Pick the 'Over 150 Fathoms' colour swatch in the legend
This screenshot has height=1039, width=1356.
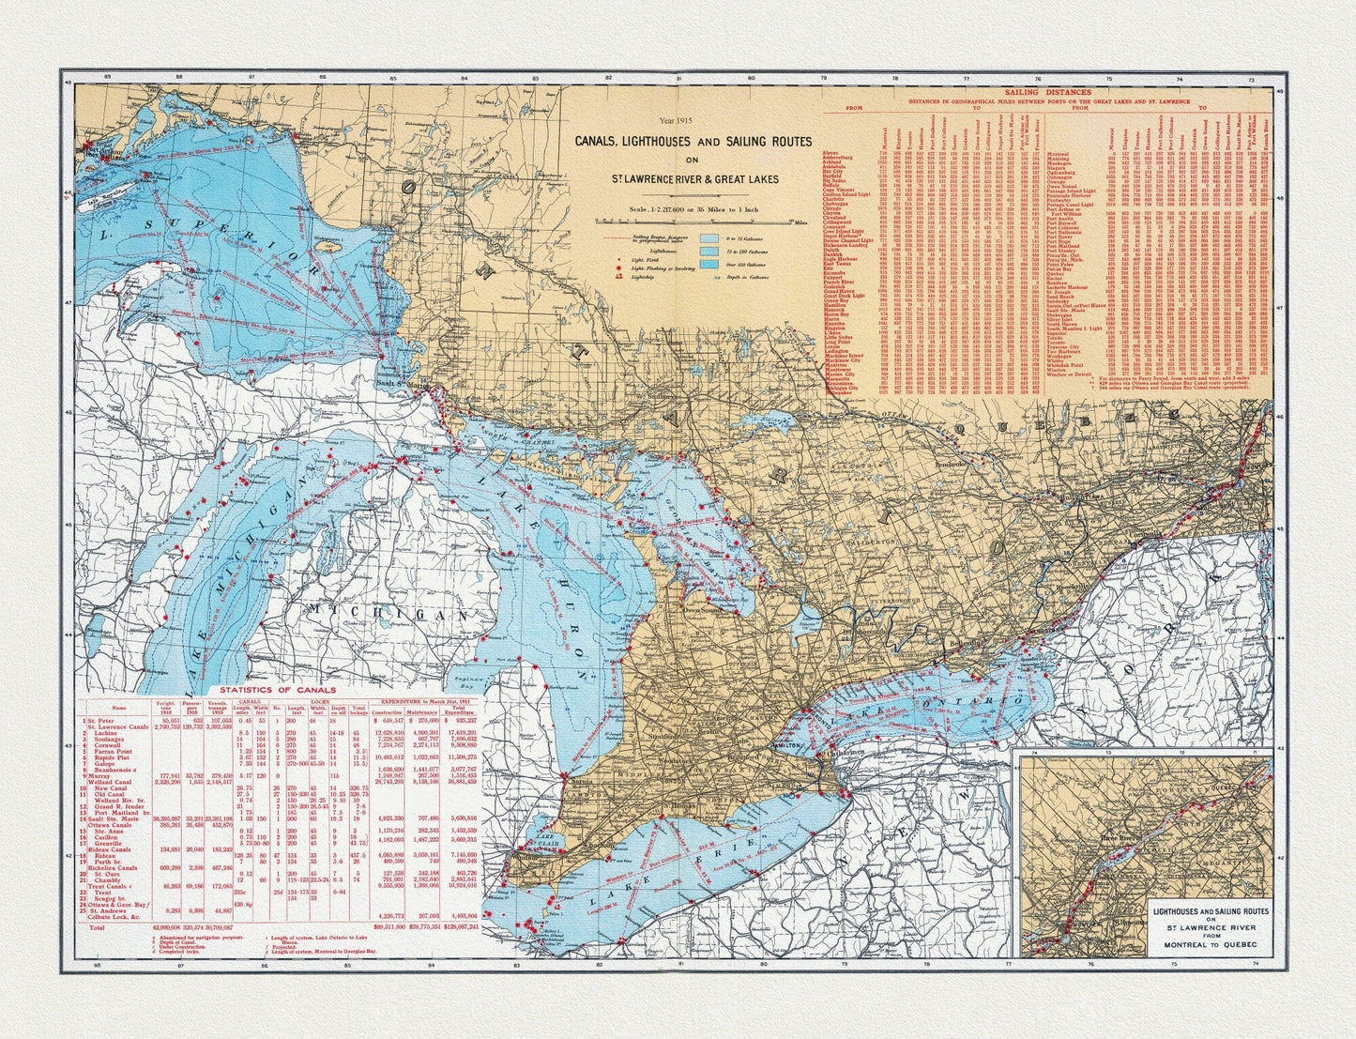tap(708, 265)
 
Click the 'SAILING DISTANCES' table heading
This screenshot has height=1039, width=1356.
tap(1047, 93)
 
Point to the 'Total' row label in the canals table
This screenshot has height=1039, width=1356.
tap(98, 926)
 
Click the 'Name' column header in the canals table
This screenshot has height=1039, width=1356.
tap(118, 709)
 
